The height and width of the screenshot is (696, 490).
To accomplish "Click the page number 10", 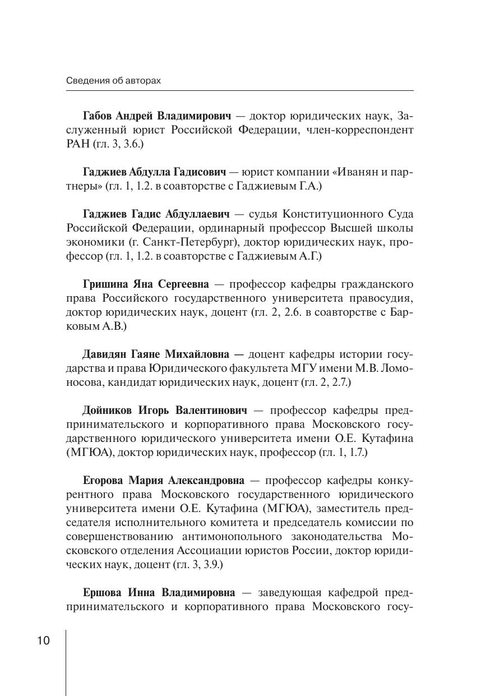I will click(x=44, y=640).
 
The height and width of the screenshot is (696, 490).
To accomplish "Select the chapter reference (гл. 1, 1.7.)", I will click(x=343, y=452).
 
